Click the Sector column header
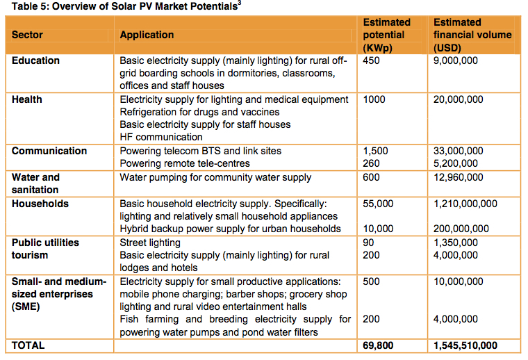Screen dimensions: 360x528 pyautogui.click(x=27, y=35)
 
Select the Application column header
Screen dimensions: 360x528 pyautogui.click(x=147, y=35)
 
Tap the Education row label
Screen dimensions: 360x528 pyautogui.click(x=35, y=60)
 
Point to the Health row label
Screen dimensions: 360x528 pyautogui.click(x=26, y=99)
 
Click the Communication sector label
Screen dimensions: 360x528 pyautogui.click(x=49, y=151)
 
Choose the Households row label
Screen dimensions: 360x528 pyautogui.click(x=40, y=204)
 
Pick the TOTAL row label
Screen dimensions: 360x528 pyautogui.click(x=28, y=345)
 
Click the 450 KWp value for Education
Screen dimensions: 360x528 pyautogui.click(x=372, y=60)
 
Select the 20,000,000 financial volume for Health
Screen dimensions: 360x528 pyautogui.click(x=458, y=99)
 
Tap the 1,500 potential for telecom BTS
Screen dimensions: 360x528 pyautogui.click(x=376, y=151)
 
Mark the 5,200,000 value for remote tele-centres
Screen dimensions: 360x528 pyautogui.click(x=455, y=163)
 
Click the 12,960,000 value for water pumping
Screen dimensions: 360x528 pyautogui.click(x=458, y=177)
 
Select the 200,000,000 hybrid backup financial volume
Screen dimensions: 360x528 pyautogui.click(x=461, y=229)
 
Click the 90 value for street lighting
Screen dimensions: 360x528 pyautogui.click(x=370, y=243)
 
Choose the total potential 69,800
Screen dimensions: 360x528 pyautogui.click(x=379, y=345)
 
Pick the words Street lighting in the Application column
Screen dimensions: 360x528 pyautogui.click(x=150, y=243)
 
